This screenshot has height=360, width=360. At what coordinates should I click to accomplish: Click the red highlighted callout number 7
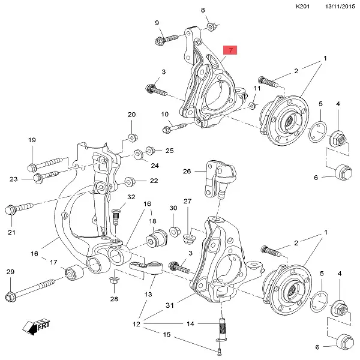click(x=230, y=49)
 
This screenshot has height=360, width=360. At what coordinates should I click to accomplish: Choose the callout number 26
click(x=187, y=171)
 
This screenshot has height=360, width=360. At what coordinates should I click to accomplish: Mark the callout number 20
click(x=132, y=115)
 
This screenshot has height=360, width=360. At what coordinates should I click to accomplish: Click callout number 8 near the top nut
click(x=202, y=10)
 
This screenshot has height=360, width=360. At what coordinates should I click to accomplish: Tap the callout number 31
click(x=170, y=305)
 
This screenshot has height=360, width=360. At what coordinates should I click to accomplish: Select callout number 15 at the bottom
click(x=167, y=334)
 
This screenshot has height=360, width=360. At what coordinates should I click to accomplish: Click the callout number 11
click(x=257, y=88)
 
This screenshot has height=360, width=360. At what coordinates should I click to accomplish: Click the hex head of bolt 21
click(x=11, y=210)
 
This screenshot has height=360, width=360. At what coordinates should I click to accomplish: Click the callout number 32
click(x=131, y=197)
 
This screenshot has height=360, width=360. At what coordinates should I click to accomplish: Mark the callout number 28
click(x=114, y=298)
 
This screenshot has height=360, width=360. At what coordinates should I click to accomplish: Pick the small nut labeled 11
click(x=253, y=106)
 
